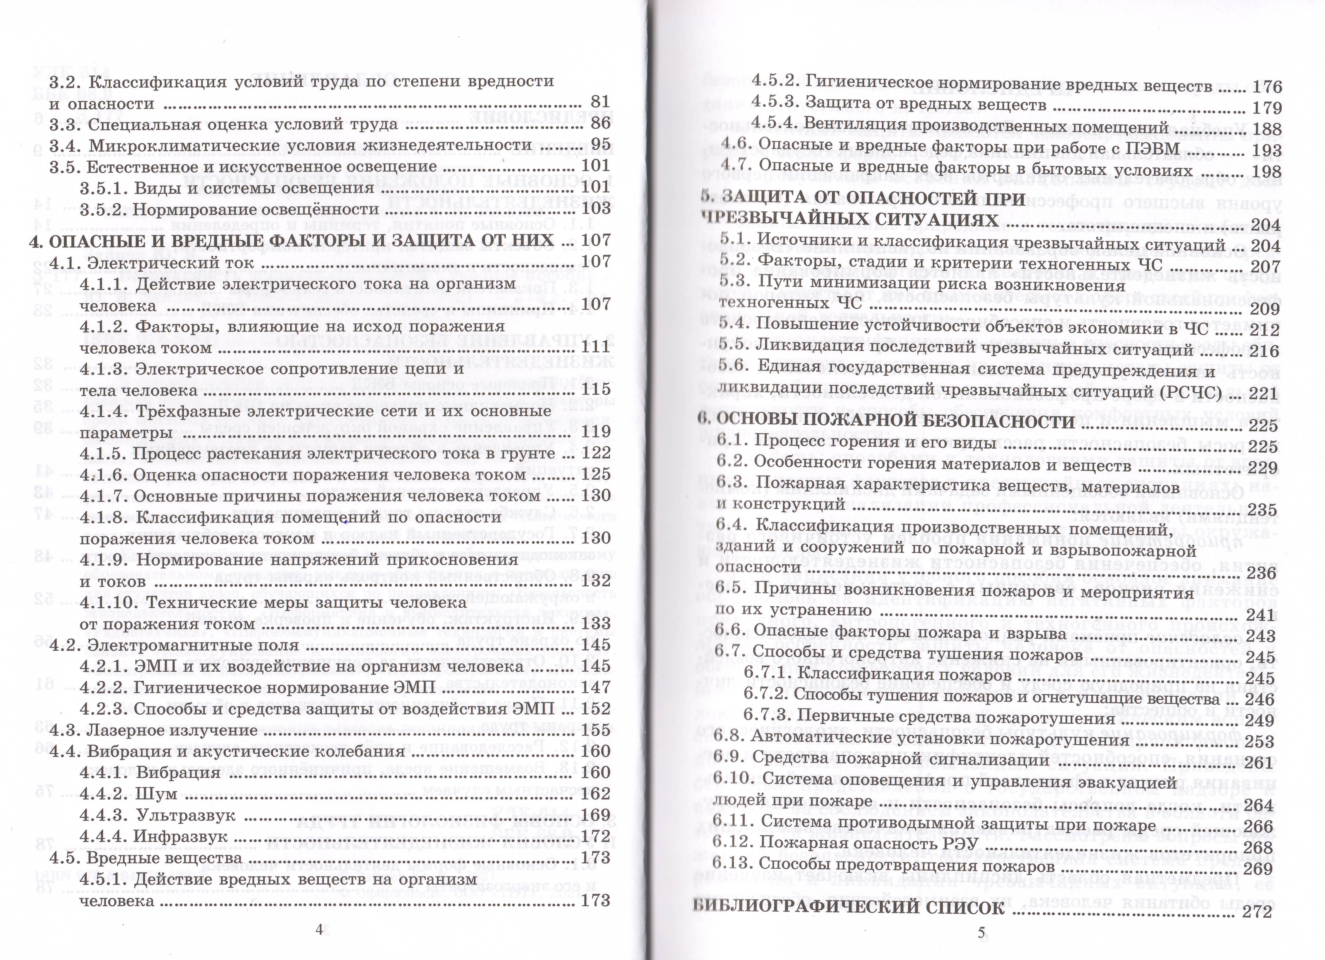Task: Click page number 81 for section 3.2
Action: [600, 102]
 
